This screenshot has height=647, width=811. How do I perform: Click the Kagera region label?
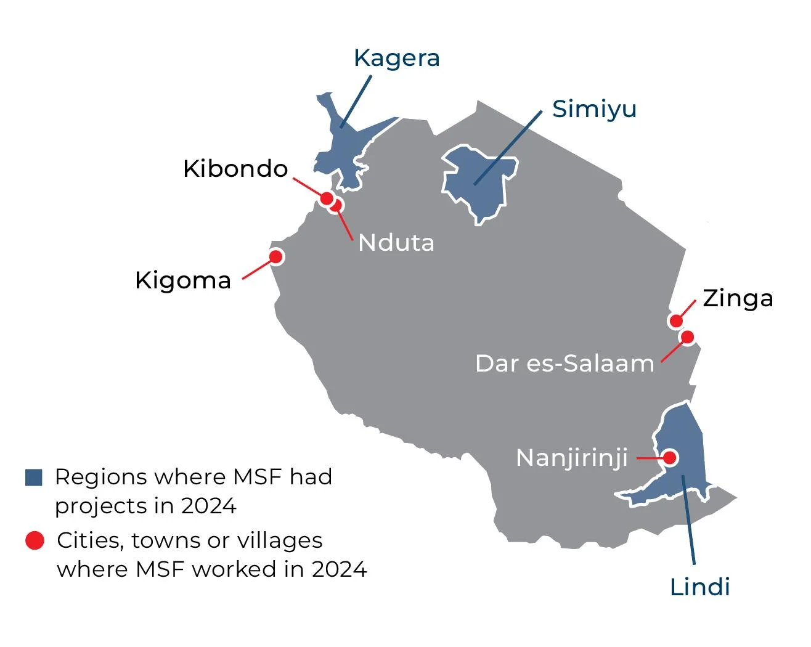(397, 58)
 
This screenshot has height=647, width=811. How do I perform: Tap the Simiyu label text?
(594, 109)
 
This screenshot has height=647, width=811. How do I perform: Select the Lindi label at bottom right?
(699, 587)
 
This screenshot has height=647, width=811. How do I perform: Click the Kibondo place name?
(235, 169)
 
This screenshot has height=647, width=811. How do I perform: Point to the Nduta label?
(396, 243)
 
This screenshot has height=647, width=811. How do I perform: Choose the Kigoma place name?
(183, 280)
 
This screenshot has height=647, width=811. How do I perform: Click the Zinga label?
(738, 298)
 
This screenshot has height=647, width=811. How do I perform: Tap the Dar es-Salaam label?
(564, 364)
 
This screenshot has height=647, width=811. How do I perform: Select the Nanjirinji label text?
(572, 458)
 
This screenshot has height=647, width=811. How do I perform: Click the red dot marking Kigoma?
(276, 256)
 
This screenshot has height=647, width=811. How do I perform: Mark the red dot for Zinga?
(676, 320)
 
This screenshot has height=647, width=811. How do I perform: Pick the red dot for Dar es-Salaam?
(687, 337)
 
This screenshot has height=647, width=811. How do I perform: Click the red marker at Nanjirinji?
(670, 458)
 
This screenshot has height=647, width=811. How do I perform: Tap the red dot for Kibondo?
(327, 198)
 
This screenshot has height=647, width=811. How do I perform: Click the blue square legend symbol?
(34, 478)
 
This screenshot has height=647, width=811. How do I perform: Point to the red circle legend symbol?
(35, 540)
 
